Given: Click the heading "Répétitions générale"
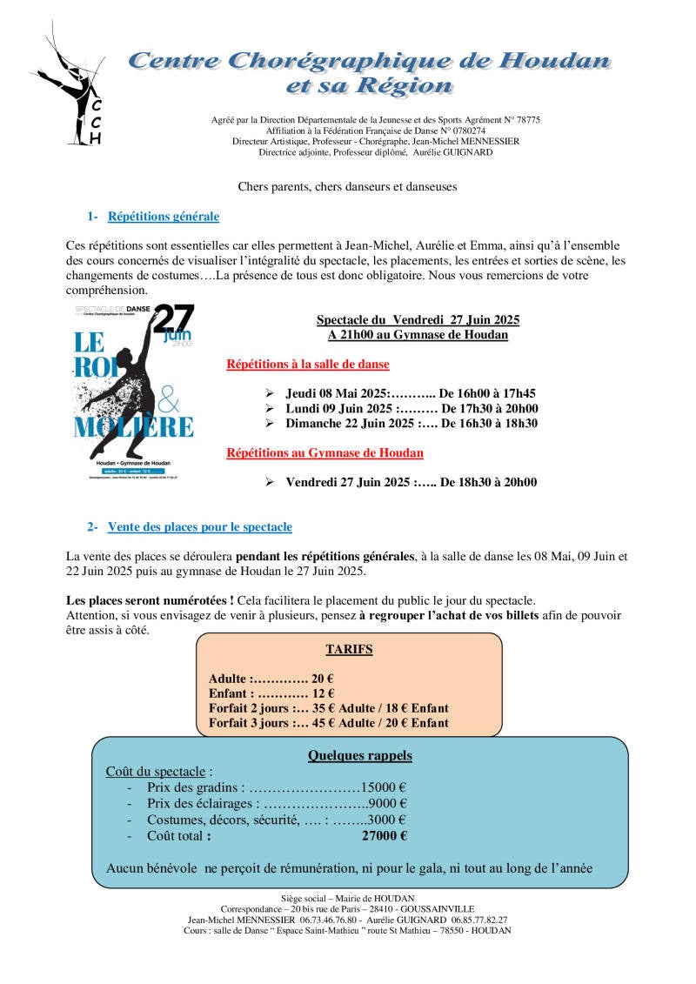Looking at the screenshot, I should (163, 217).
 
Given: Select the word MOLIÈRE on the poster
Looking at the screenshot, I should (134, 427).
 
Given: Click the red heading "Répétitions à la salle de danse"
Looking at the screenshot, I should (307, 365).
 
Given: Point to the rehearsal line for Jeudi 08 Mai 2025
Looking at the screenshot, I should (411, 392).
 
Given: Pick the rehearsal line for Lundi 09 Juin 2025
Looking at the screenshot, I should (412, 408).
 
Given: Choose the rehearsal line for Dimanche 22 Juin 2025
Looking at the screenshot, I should (412, 424).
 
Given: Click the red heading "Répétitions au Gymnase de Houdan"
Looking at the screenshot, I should (325, 452).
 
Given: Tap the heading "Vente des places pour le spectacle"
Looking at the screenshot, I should (199, 527).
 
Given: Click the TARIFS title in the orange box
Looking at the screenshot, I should (349, 649).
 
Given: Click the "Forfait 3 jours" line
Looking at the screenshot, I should (329, 723).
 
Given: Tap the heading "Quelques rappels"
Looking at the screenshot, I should (360, 756).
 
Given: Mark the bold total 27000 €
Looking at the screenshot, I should (385, 836).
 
